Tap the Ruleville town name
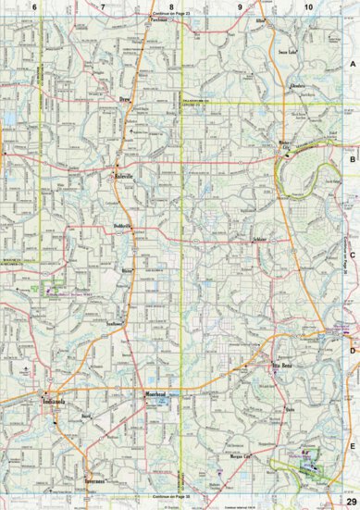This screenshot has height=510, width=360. click(124, 175)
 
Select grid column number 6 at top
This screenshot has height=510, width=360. click(34, 7)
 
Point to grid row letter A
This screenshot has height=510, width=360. click(351, 63)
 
